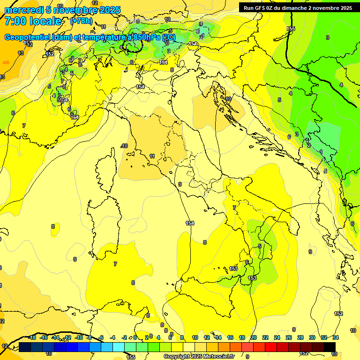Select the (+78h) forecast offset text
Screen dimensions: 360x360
81,21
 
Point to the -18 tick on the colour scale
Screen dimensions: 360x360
32,337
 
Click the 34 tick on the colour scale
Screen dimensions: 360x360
335,337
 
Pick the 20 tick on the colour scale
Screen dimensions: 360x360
253,337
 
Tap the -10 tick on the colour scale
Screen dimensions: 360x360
79,337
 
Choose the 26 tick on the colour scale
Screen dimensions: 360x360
288,337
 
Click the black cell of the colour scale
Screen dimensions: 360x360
330,347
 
